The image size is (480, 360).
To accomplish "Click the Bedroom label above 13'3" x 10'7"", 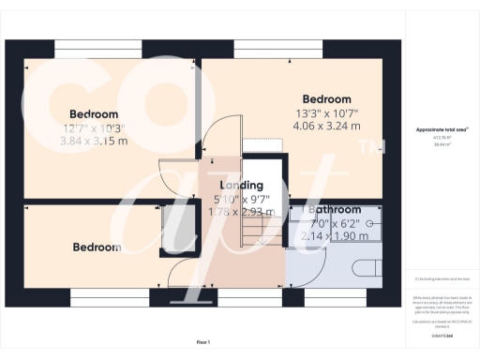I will (326, 99).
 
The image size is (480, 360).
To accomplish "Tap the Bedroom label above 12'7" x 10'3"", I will (93, 114).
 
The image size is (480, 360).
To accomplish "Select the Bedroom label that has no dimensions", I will (97, 247).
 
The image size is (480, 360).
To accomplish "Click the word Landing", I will (241, 186).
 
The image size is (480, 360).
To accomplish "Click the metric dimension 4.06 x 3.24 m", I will (325, 126).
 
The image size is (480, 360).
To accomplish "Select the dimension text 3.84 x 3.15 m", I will (94, 141).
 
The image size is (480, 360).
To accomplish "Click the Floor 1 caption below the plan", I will (203, 341).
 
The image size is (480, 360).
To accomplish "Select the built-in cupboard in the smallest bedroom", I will (176, 230).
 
